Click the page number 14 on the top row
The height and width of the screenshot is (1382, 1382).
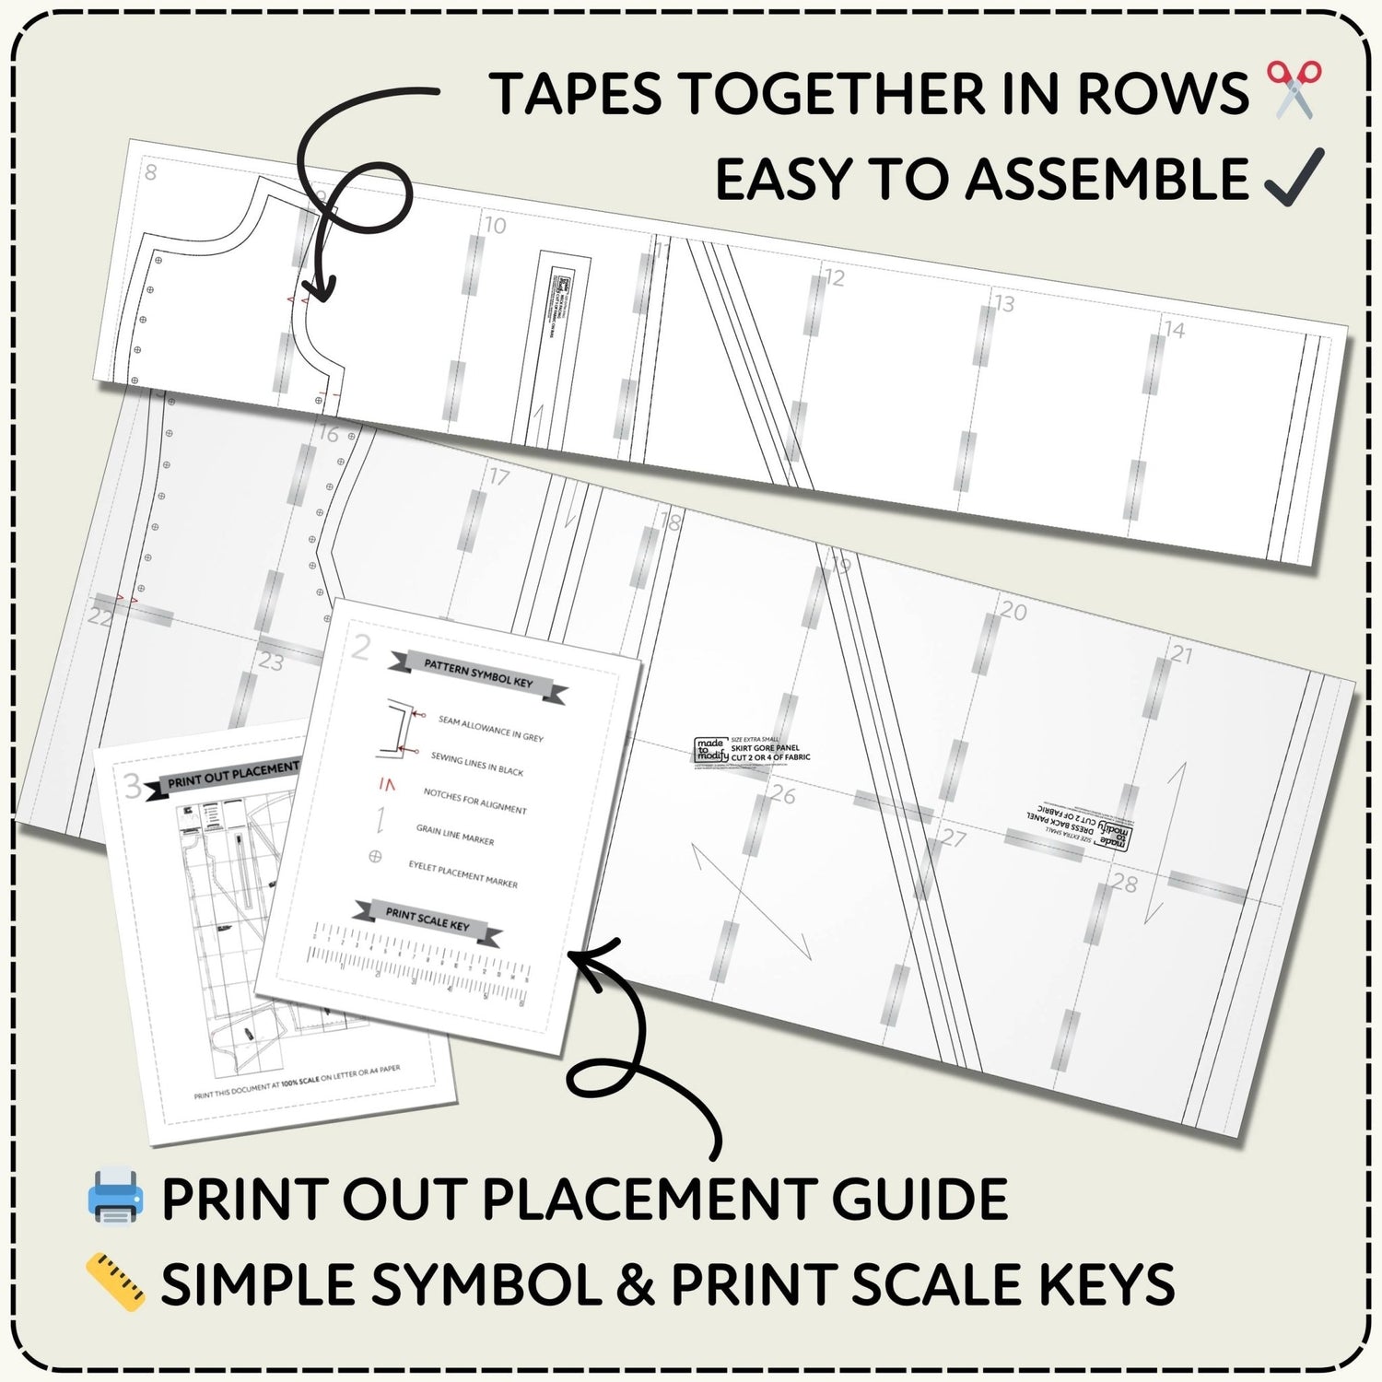[1174, 329]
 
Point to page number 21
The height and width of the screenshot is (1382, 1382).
[1181, 654]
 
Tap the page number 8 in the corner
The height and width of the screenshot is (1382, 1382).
[151, 171]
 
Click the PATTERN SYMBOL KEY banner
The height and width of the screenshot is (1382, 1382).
[477, 675]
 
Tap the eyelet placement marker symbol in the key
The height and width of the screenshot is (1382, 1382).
[375, 856]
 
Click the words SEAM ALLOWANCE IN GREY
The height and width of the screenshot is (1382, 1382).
[490, 729]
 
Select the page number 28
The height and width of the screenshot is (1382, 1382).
[1124, 883]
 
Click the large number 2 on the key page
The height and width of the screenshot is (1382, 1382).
[361, 648]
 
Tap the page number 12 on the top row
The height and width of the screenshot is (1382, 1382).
[834, 277]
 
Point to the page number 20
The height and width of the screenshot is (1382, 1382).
[1013, 611]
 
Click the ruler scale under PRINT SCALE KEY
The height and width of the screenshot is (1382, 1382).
[419, 964]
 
